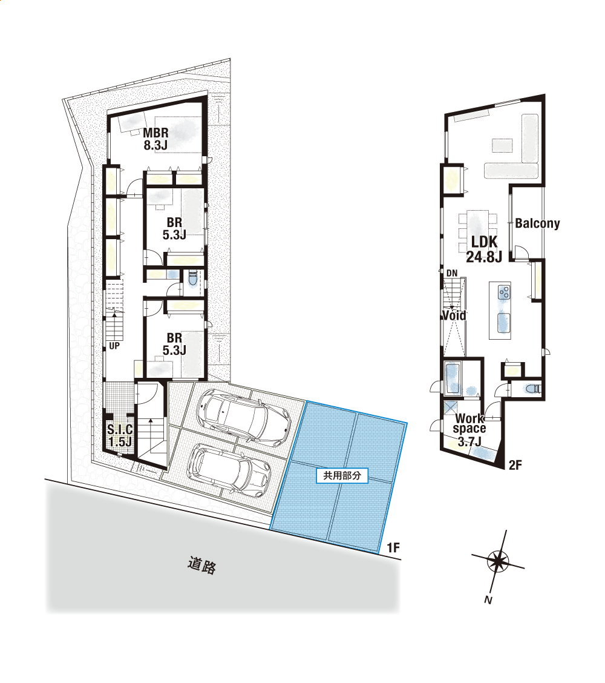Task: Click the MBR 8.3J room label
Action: (155, 139)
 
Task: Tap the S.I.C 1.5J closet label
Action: (120, 435)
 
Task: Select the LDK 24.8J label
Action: (484, 249)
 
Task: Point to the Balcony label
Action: (537, 223)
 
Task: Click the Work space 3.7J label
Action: (469, 430)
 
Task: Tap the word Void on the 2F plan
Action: (454, 315)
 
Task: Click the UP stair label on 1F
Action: (114, 346)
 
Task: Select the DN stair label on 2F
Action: (452, 273)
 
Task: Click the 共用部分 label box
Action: (342, 475)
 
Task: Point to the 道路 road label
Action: (202, 565)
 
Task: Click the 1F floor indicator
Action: (393, 547)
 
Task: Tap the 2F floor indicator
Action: (515, 465)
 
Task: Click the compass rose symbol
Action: (498, 561)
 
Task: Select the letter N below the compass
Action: (488, 600)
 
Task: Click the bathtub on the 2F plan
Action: (453, 377)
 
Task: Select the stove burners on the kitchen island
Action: (505, 291)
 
